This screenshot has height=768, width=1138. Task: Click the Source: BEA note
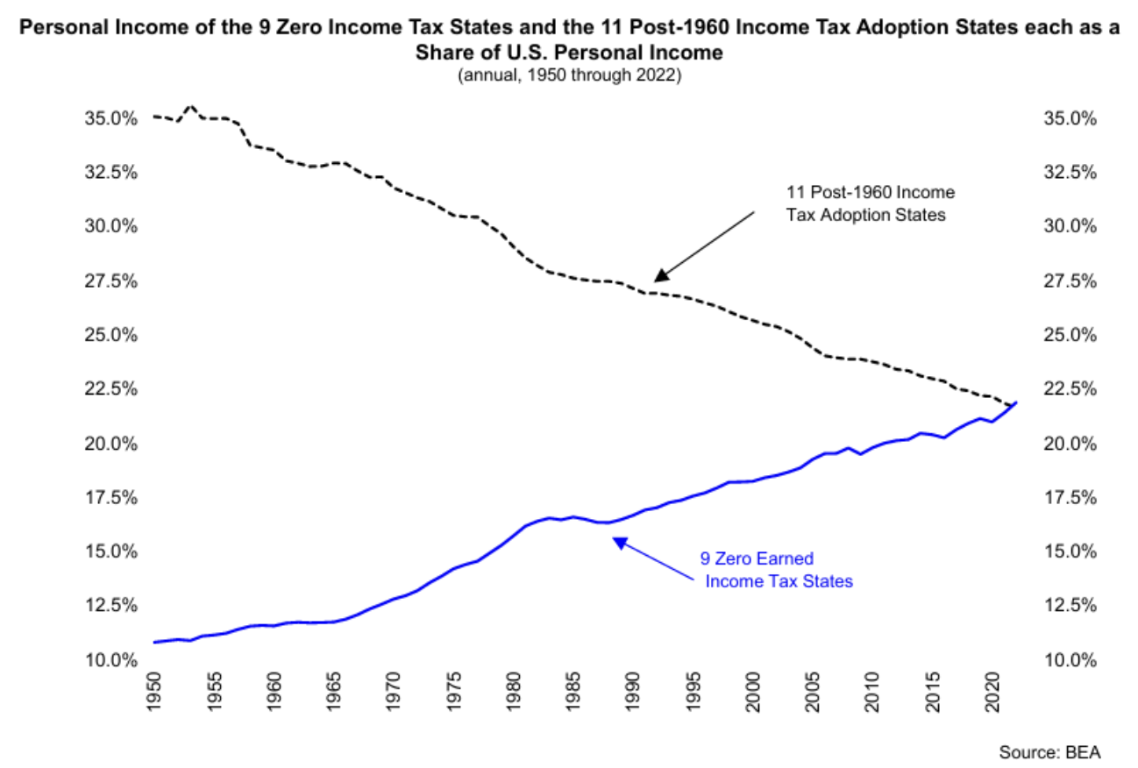click(x=1049, y=752)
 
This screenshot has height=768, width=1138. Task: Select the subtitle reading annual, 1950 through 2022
click(x=569, y=75)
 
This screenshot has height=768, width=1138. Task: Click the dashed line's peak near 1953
click(x=191, y=106)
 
